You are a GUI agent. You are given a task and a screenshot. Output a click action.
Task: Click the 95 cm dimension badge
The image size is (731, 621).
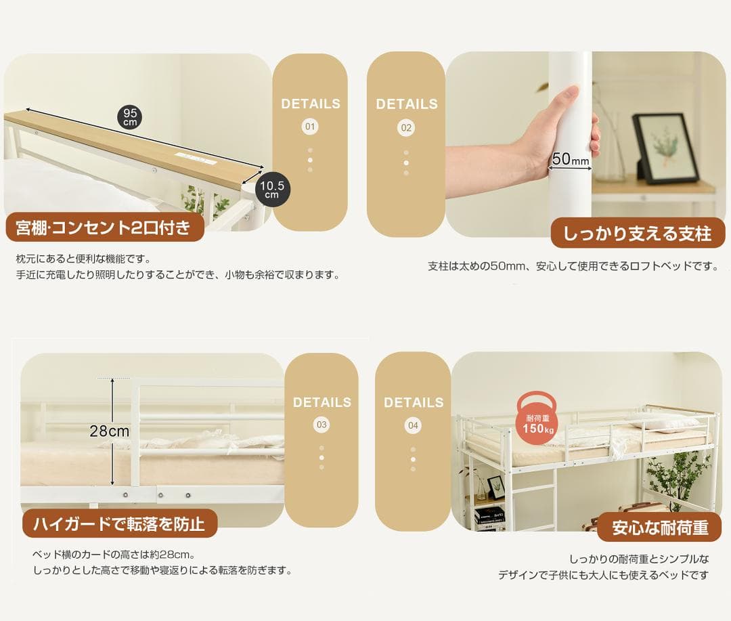point(130,117)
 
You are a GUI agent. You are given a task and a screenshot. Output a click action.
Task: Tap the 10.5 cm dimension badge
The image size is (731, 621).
point(271,188)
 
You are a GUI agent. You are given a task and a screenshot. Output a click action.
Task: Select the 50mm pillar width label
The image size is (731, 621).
point(570,160)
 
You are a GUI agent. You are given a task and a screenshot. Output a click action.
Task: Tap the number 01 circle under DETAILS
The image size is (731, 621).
point(310,127)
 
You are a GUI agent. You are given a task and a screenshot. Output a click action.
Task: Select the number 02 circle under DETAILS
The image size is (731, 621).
point(406,127)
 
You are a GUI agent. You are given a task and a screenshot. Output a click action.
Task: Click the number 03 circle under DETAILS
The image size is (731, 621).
point(322,425)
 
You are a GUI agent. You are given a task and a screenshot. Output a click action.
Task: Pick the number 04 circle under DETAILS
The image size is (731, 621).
point(413,425)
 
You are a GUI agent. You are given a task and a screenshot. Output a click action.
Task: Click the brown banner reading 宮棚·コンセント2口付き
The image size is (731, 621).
point(104,228)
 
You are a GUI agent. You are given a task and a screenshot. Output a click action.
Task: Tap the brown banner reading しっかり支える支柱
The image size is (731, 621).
point(637,234)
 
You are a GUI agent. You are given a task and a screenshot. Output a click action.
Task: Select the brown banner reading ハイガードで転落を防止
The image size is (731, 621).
point(119,524)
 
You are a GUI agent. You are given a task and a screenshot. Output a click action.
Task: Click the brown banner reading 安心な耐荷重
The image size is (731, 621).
point(659,527)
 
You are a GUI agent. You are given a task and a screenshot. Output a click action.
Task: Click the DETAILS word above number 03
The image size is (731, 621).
point(322,402)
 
